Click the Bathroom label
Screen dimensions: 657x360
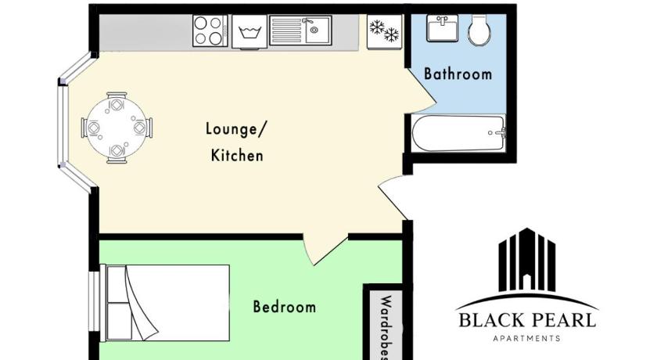(x=458, y=74)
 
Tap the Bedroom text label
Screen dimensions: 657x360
(x=285, y=306)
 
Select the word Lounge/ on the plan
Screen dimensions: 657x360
(x=236, y=129)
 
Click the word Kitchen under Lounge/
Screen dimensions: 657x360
(x=237, y=156)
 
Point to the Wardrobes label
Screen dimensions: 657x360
(x=386, y=328)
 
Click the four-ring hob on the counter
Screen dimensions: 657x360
(x=210, y=31)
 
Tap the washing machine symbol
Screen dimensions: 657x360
(x=250, y=32)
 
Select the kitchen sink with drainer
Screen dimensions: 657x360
(x=300, y=31)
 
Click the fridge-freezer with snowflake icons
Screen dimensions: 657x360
(x=384, y=32)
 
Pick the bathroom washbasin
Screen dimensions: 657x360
(x=442, y=28)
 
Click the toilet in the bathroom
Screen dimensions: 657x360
(x=479, y=31)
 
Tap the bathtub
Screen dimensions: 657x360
(x=458, y=133)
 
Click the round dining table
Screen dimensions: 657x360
(x=117, y=128)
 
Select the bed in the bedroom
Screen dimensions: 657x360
(x=165, y=303)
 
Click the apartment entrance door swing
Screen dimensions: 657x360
(x=393, y=196)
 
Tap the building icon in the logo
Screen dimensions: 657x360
(x=526, y=261)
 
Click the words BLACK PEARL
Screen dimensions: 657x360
(x=527, y=321)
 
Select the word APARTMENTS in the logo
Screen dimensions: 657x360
(x=526, y=338)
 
